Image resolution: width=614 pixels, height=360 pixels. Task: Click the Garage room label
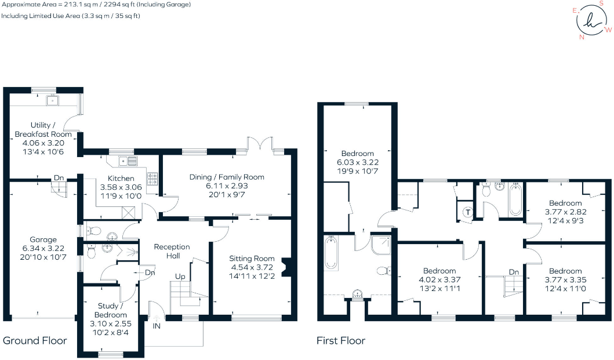43,239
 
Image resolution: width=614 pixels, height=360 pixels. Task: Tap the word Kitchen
121,178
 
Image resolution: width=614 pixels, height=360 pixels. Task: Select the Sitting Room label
252,259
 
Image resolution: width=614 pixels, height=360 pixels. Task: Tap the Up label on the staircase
180,277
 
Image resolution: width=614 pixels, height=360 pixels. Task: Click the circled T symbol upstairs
468,212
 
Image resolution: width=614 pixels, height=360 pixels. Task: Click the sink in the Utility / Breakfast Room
54,101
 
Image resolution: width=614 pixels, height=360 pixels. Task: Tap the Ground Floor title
35,341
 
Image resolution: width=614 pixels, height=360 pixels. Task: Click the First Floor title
341,341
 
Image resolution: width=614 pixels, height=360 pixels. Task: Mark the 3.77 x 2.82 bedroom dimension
565,212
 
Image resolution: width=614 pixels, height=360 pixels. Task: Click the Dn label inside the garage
59,178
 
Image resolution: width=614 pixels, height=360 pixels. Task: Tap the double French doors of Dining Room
260,144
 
